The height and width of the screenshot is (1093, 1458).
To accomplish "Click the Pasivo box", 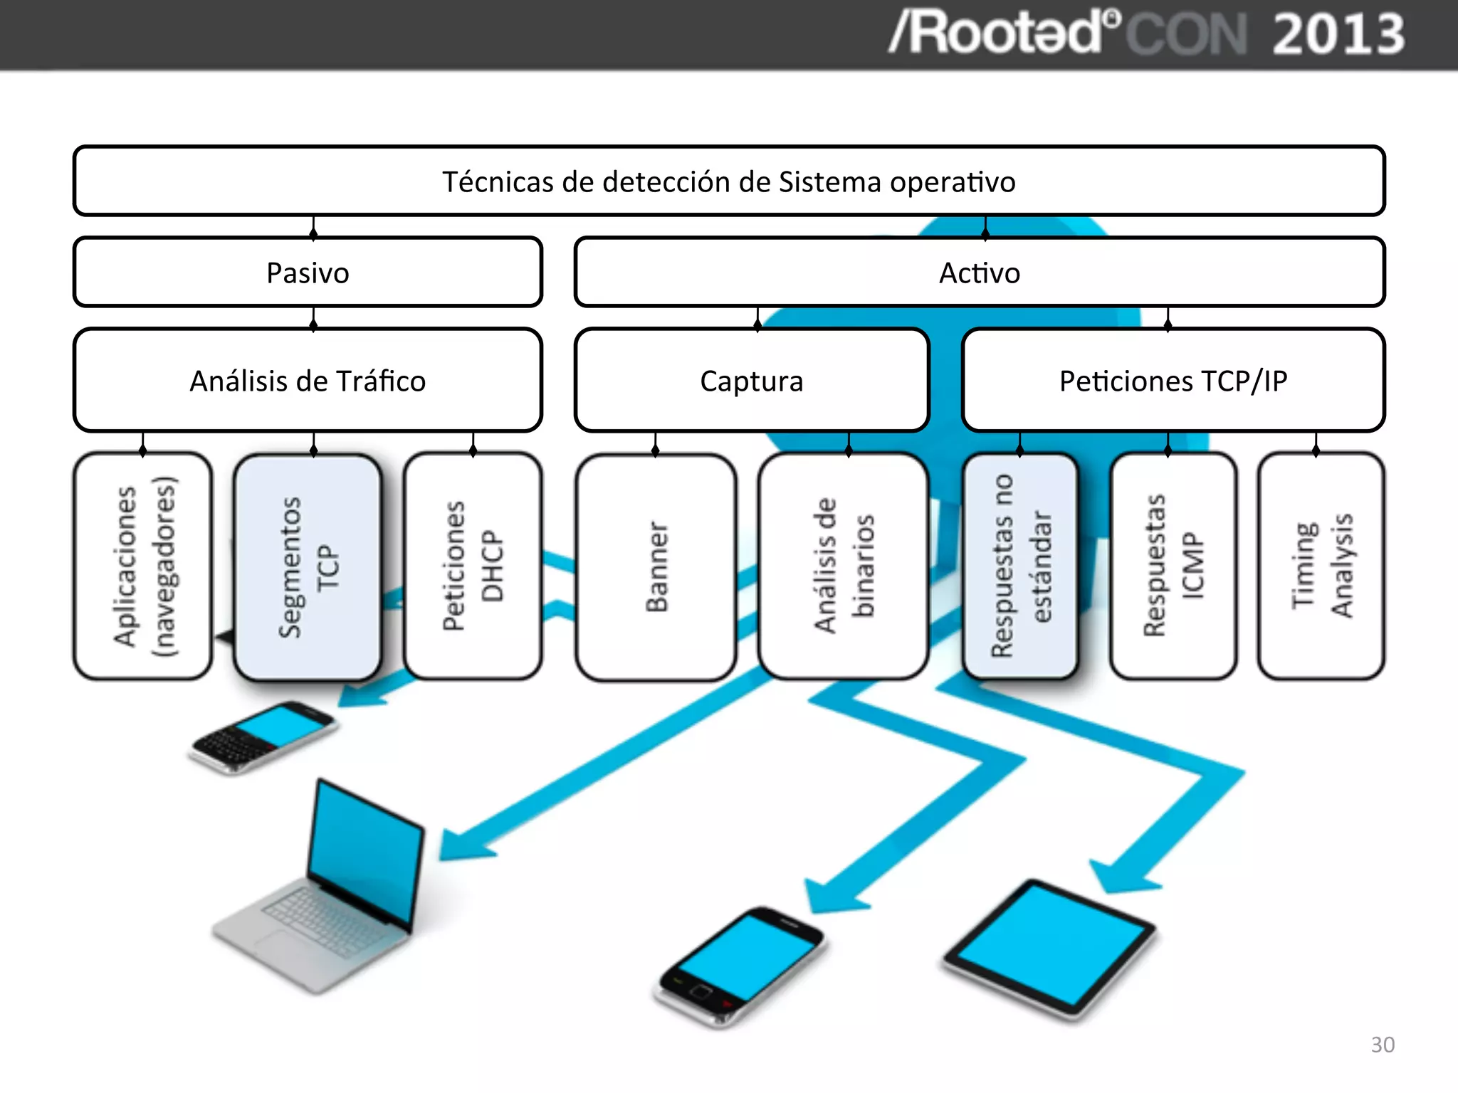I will click(308, 273).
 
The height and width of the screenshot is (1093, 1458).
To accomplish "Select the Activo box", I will click(979, 273).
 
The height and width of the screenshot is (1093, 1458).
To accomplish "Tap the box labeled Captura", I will click(751, 381).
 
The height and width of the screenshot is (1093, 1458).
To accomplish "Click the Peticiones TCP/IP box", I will click(1173, 381).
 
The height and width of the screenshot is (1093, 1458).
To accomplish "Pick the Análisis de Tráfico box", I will click(308, 381).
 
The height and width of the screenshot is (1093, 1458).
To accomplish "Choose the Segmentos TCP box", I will click(308, 567).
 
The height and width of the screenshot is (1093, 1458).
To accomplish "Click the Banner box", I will click(656, 567).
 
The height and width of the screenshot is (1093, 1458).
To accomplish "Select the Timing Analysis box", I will click(1321, 567).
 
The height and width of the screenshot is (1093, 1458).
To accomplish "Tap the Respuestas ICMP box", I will click(1173, 567).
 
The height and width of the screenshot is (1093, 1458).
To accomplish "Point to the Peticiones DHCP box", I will click(473, 567).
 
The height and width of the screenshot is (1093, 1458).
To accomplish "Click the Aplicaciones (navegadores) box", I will click(143, 567).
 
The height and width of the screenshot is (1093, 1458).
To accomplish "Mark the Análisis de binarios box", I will click(844, 567).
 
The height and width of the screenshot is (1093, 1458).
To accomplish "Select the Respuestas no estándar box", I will click(1019, 567).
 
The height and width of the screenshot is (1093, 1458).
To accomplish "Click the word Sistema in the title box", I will click(829, 182).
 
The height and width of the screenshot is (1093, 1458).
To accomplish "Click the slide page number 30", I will click(1382, 1045).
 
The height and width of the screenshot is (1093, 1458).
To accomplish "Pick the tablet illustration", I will click(1050, 946).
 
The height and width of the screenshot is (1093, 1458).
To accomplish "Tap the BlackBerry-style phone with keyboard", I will click(263, 736).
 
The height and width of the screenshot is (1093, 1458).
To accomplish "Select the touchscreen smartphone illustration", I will click(740, 964).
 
